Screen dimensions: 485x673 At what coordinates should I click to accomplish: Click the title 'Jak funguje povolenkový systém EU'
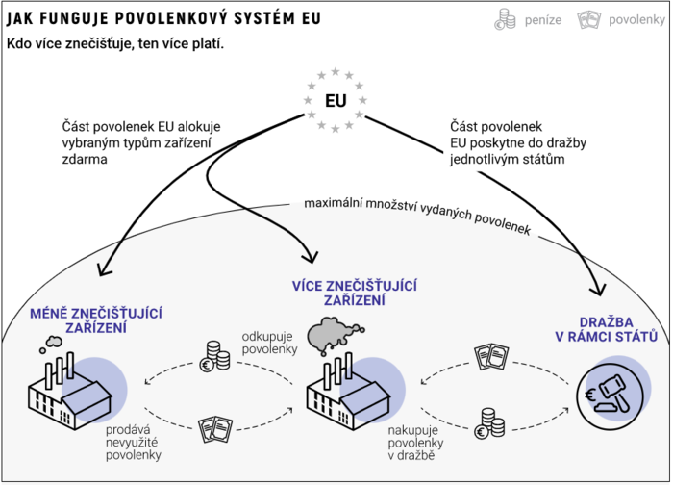[164, 19]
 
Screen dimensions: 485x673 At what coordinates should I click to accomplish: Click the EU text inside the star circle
[336, 101]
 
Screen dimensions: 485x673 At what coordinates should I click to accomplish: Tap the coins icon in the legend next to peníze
[505, 19]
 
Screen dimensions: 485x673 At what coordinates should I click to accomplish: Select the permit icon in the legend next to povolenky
[587, 19]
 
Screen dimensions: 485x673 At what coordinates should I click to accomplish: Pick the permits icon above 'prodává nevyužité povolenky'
[212, 424]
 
